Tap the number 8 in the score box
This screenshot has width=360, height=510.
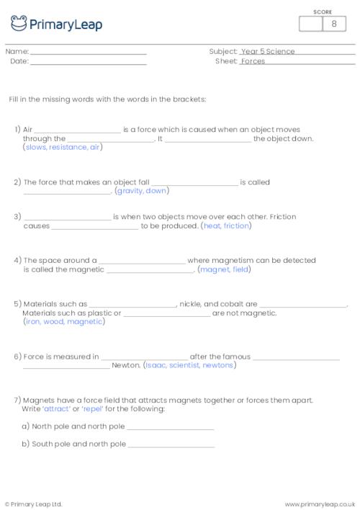click(x=334, y=24)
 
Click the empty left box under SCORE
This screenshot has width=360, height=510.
click(x=311, y=24)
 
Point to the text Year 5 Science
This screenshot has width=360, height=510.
click(x=268, y=52)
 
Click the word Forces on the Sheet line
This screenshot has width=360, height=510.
click(x=253, y=62)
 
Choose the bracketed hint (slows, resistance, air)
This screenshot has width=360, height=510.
click(x=63, y=148)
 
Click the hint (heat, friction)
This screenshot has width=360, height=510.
click(x=226, y=225)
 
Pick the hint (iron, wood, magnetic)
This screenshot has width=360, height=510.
click(x=64, y=321)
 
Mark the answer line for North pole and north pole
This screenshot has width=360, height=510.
click(x=171, y=427)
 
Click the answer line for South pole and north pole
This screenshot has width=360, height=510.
click(x=171, y=445)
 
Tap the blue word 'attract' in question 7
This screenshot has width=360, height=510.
click(x=54, y=409)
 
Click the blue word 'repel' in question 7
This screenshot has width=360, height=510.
click(x=93, y=409)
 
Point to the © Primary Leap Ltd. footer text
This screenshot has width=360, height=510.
click(x=33, y=504)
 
